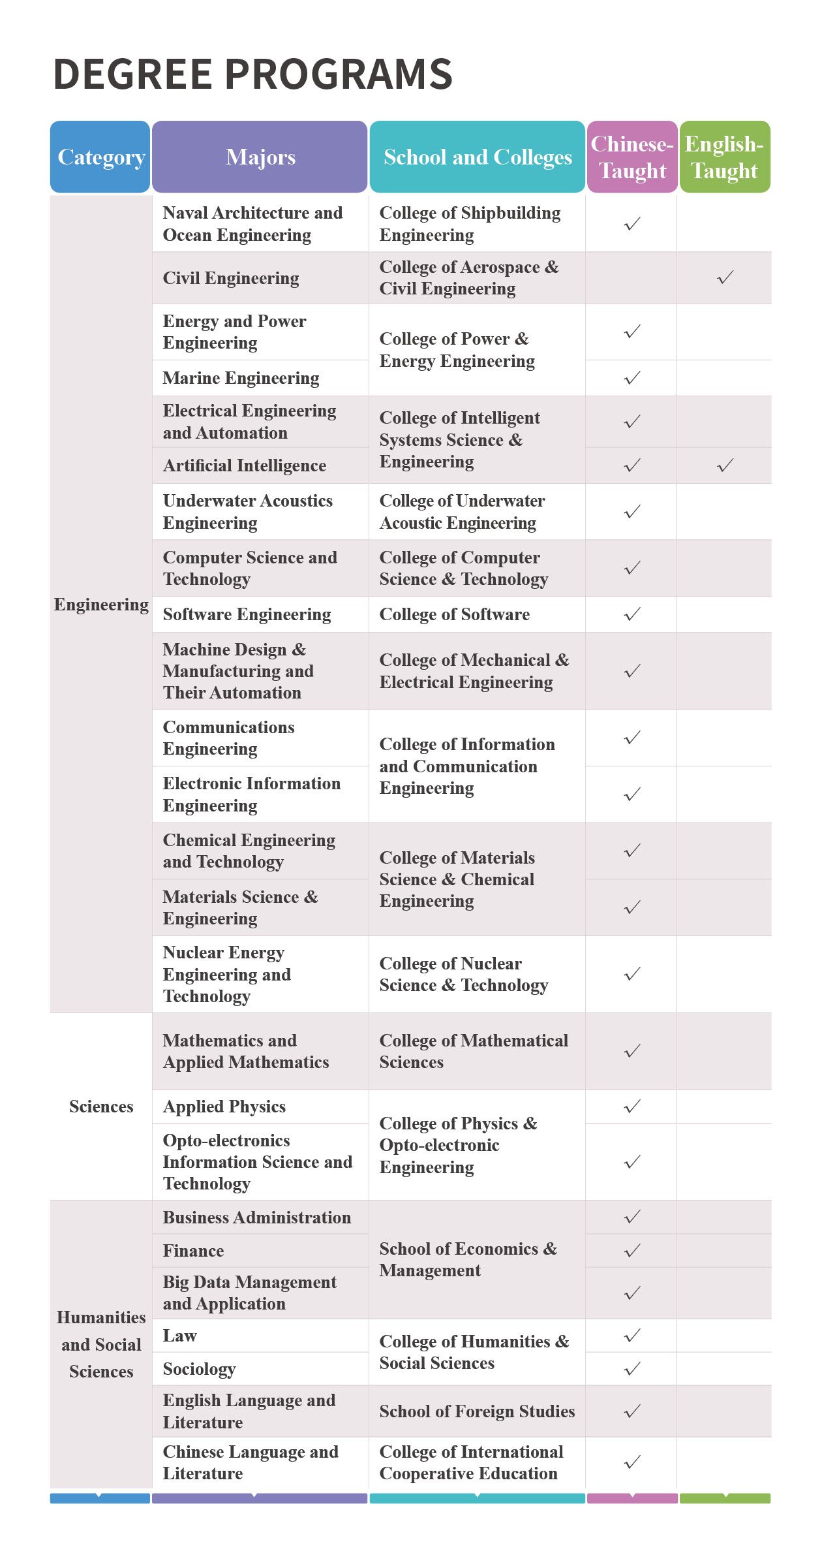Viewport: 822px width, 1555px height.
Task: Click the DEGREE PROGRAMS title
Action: pos(252,73)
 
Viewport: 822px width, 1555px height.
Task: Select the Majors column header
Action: pos(260,157)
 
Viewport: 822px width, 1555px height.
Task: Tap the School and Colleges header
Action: pos(478,157)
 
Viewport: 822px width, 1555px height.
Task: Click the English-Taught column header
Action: pos(724,157)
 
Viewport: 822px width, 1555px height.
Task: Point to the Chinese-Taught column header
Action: pos(632,157)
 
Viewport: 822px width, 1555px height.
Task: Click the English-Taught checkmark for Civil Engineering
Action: pos(725,277)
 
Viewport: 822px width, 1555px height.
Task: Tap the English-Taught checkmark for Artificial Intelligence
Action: pos(725,465)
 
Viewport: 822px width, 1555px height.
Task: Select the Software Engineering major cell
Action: pos(247,614)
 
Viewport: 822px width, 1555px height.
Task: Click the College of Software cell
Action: pos(454,614)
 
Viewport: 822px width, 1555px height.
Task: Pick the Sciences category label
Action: pos(101,1107)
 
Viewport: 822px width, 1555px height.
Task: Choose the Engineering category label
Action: pos(101,605)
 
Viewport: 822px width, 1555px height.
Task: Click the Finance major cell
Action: pos(193,1251)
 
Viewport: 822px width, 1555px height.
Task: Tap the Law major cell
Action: pos(179,1336)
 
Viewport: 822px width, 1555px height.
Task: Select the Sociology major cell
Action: pos(199,1368)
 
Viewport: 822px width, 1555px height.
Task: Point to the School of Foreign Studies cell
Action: pos(477,1411)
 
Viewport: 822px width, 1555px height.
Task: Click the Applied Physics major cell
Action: pos(224,1107)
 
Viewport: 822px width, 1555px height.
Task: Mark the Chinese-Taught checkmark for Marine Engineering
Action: pos(632,378)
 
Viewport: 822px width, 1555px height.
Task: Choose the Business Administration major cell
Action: pos(256,1217)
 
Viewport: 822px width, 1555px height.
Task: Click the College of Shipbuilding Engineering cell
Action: pos(470,224)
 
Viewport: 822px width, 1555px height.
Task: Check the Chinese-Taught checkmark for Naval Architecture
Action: pos(632,224)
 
